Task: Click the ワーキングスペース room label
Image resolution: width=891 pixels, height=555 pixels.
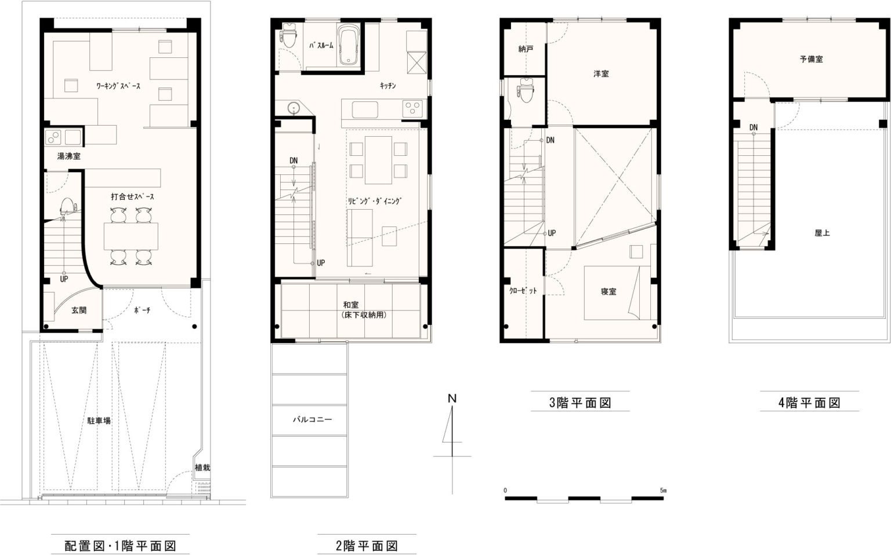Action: pos(118,86)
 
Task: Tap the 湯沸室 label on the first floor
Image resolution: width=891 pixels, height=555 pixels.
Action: pos(69,156)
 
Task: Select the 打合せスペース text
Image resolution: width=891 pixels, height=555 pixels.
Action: pos(132,196)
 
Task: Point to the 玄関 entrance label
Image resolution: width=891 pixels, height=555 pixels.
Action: pos(79,311)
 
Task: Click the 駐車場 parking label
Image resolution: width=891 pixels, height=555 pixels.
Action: pos(99,421)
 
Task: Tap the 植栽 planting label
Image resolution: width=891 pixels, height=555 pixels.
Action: pos(202,468)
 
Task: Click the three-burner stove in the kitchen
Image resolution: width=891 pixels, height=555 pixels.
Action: pos(412,108)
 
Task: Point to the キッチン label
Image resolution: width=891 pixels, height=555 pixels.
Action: pos(387,86)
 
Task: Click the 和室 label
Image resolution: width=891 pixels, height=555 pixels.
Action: pos(351,305)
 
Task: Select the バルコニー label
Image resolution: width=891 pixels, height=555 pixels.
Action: pos(312,419)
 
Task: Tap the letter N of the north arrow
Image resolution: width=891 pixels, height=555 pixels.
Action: pos(452,399)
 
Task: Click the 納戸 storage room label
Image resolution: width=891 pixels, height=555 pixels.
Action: pos(526,49)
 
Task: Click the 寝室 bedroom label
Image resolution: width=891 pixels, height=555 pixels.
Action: pos(609,291)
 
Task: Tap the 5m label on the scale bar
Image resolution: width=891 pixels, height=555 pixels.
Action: pos(663,490)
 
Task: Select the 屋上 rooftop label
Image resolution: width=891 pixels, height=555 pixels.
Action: pos(822,233)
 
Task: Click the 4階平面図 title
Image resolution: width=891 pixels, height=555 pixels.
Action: pos(809,403)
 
